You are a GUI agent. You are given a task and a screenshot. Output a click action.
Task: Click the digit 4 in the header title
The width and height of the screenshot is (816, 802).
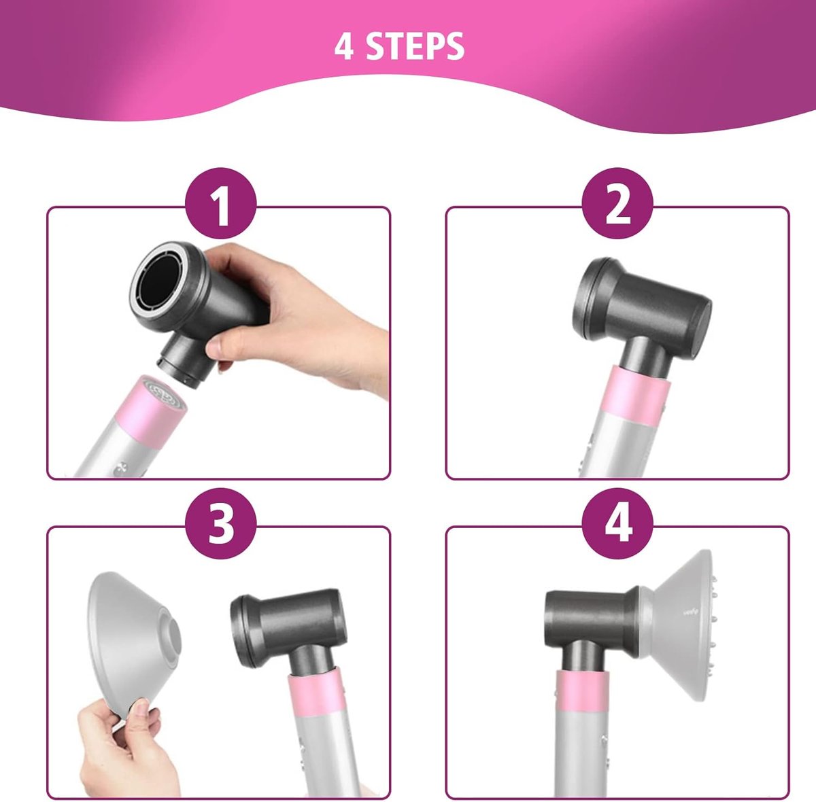(343, 47)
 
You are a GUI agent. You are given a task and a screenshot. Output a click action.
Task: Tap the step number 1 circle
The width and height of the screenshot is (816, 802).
(220, 204)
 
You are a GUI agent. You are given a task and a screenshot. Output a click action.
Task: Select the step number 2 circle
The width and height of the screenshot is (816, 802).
(618, 204)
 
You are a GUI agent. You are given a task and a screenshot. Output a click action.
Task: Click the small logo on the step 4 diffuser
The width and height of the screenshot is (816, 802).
(691, 612)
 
